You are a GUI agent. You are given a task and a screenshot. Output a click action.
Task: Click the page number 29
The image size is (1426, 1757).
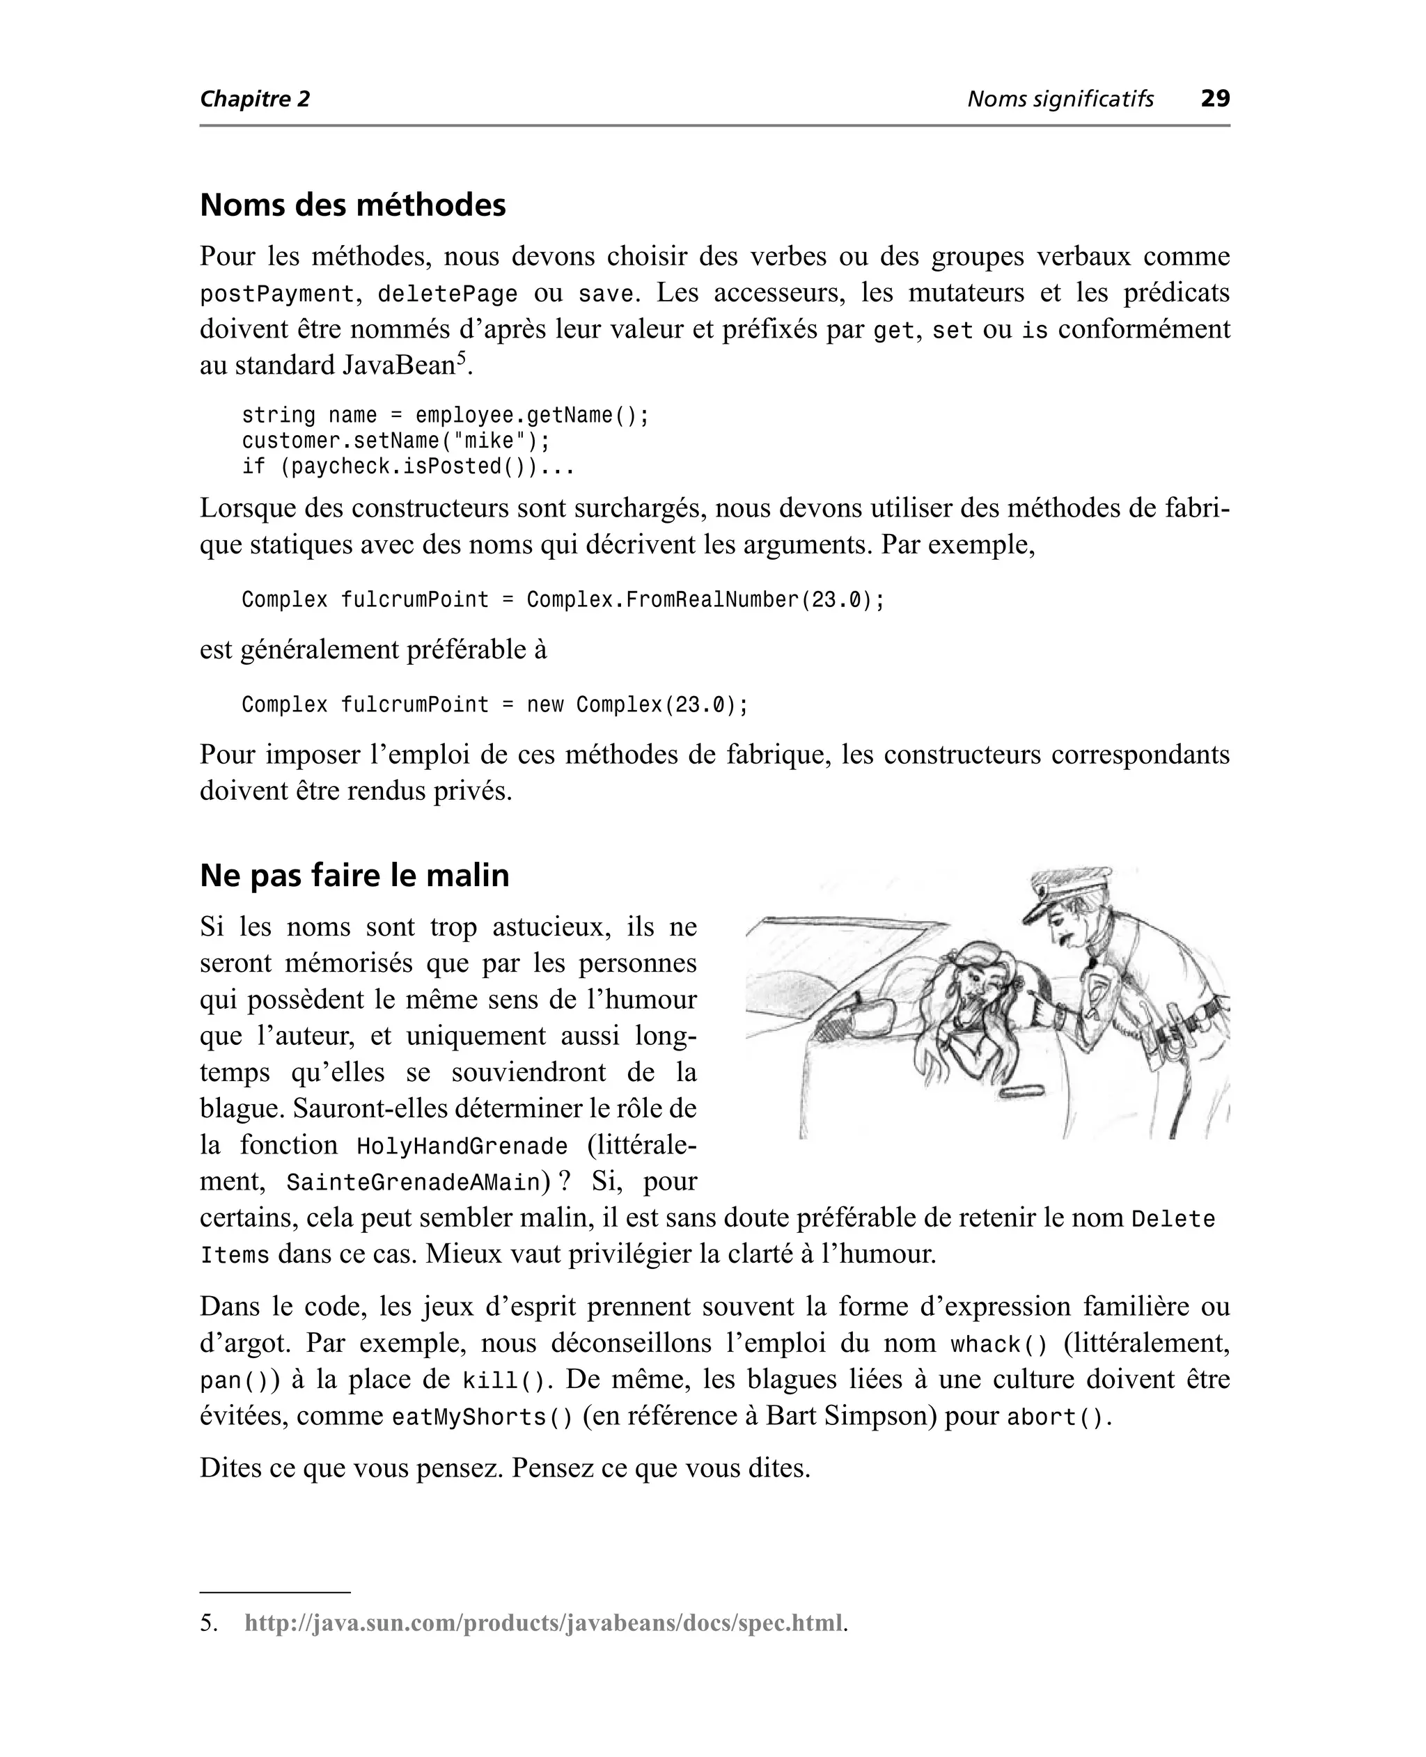(x=1215, y=99)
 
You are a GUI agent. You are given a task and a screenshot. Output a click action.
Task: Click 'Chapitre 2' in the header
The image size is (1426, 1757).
(x=255, y=100)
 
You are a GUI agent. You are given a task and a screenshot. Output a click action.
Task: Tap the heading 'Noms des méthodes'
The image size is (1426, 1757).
(x=352, y=205)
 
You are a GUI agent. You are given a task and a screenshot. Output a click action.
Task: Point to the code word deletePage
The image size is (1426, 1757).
(x=447, y=294)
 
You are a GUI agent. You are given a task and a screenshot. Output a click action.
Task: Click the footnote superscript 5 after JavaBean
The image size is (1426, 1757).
(x=461, y=358)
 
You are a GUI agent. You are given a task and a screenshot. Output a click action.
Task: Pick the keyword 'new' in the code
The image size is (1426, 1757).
(x=544, y=704)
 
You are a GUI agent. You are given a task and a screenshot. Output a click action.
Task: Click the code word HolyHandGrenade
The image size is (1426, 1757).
(x=462, y=1146)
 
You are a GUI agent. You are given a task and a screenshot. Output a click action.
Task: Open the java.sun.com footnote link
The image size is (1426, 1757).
(x=543, y=1623)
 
